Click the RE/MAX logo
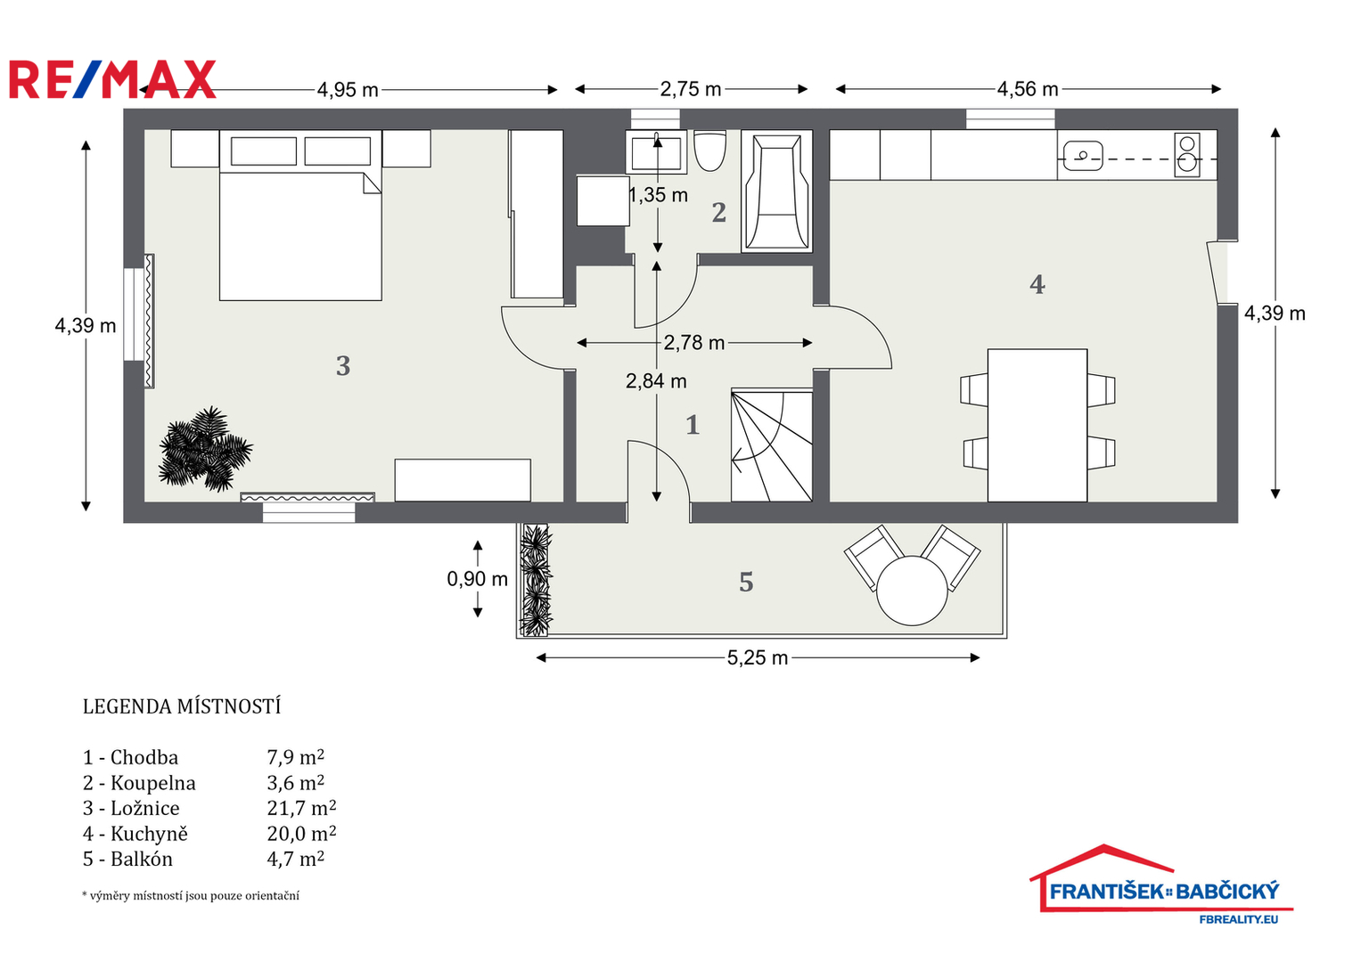point(112,79)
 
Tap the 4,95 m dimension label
point(348,91)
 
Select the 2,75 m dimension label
point(691,89)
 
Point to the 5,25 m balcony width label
point(758,657)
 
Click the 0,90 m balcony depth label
point(478,579)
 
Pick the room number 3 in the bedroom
point(343,366)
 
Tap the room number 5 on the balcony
point(746,583)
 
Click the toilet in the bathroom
point(709,151)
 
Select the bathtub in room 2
point(777,191)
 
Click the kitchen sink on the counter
point(1083,156)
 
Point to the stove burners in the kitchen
point(1187,155)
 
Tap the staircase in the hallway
point(772,445)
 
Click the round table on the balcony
point(912,591)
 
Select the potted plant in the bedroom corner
point(205,450)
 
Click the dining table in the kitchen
point(1037,425)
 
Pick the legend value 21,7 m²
point(301,809)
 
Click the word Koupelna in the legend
point(153,784)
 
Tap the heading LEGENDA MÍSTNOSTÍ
point(182,707)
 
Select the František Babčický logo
point(1161,885)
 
